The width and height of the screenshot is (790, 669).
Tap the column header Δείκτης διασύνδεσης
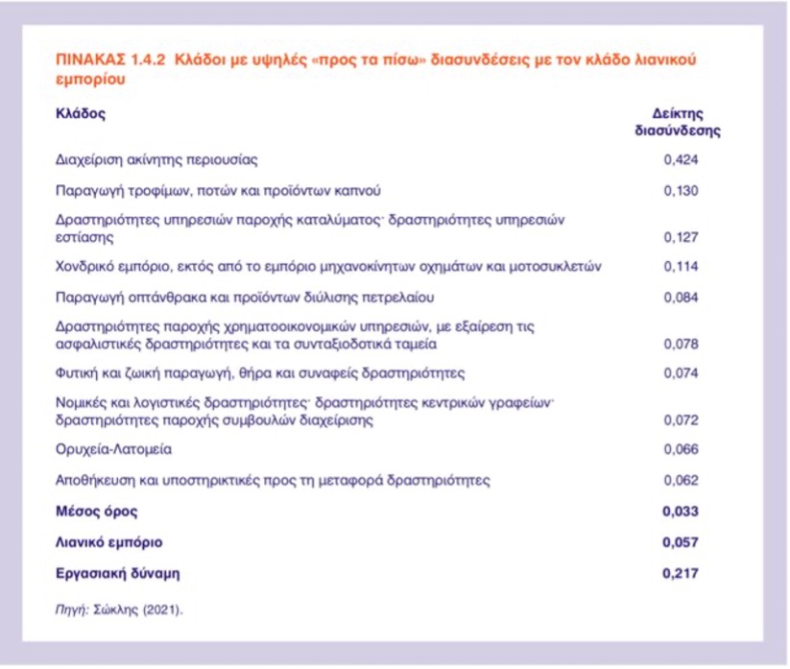(678, 122)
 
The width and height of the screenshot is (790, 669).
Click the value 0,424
(681, 159)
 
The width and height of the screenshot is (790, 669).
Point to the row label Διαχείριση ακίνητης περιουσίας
(156, 159)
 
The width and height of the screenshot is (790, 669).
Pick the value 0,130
(681, 190)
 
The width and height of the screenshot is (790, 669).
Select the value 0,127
(681, 236)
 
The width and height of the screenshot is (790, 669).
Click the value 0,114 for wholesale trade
(681, 266)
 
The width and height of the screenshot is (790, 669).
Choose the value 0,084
(681, 296)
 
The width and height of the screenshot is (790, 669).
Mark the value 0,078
(681, 343)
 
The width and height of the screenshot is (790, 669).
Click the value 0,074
(681, 372)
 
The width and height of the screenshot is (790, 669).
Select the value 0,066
(681, 449)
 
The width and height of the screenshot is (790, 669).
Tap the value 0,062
(681, 479)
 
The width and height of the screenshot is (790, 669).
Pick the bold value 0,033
(681, 512)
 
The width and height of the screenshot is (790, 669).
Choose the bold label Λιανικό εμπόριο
(107, 542)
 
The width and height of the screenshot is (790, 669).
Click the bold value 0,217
(681, 574)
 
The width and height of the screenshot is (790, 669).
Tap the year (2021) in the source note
(162, 609)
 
